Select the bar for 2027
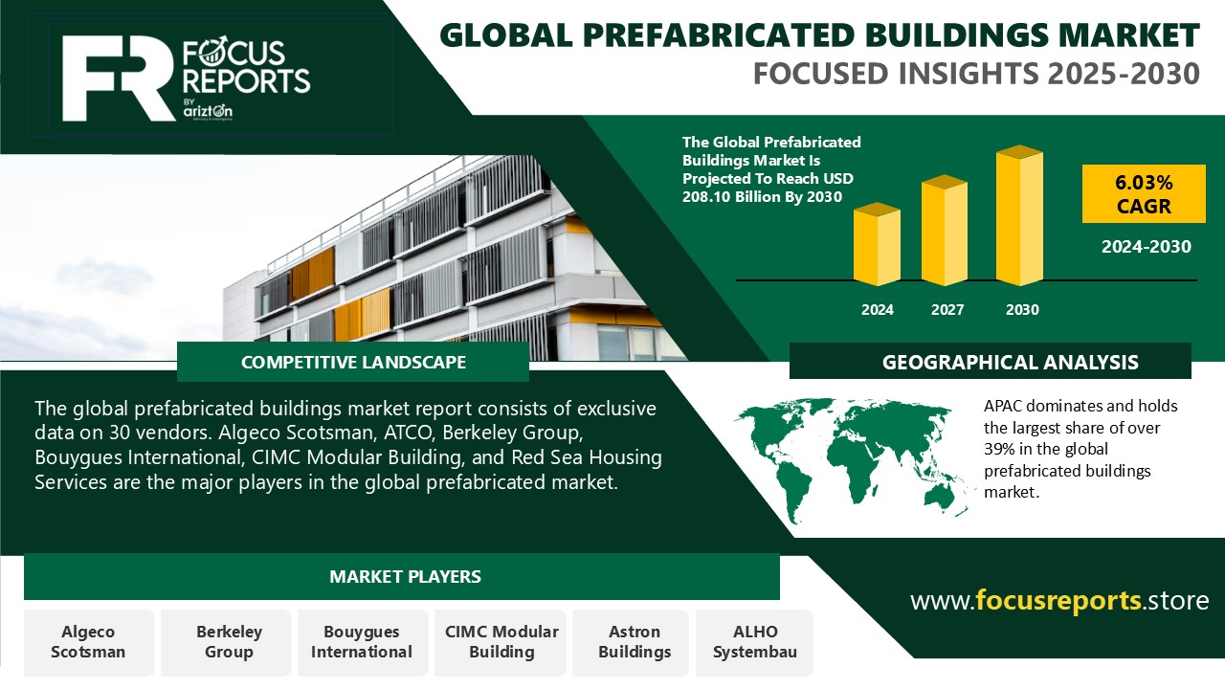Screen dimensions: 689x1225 [945, 231]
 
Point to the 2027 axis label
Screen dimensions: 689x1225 [947, 310]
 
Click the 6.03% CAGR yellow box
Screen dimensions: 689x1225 [1144, 193]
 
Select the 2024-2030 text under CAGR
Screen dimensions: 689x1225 [1146, 247]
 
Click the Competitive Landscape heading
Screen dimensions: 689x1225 [353, 363]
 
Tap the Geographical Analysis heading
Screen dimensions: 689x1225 [1010, 363]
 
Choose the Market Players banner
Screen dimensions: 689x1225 [405, 577]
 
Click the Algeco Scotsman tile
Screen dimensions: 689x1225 [88, 642]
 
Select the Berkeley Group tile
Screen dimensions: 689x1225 [229, 642]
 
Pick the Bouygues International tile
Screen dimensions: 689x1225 [361, 642]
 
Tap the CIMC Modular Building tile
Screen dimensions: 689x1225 [501, 642]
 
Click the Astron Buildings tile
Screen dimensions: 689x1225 [635, 642]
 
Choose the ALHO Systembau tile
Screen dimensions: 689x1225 [755, 642]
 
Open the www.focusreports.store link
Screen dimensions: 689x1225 [1059, 601]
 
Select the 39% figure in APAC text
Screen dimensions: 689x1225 [999, 449]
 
